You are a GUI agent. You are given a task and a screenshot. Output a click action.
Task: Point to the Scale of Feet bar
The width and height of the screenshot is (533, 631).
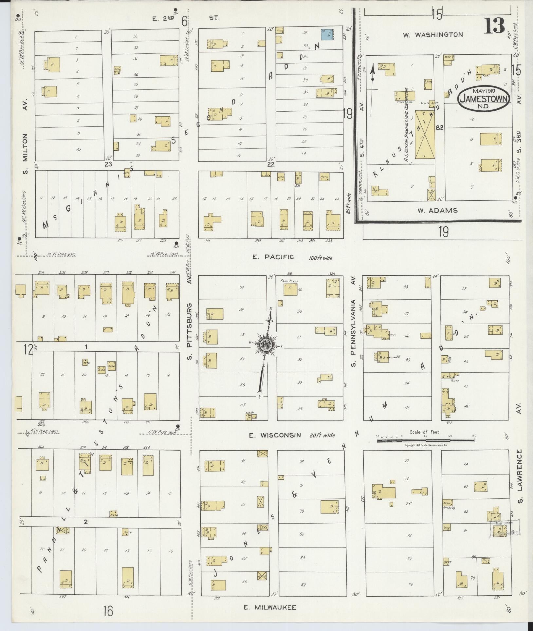click(425, 441)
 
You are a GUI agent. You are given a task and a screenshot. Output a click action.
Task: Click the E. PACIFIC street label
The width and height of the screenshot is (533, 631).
click(273, 257)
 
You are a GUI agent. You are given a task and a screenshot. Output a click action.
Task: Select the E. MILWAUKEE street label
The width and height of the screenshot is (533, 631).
click(270, 607)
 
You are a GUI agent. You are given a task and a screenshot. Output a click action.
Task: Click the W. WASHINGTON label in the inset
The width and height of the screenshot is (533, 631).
click(432, 35)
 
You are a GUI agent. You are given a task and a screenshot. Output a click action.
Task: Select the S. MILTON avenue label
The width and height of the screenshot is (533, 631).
click(26, 154)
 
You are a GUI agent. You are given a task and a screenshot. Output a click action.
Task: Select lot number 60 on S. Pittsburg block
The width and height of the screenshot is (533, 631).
click(241, 288)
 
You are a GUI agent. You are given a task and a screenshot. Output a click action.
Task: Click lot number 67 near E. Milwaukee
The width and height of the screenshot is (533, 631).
click(303, 585)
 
